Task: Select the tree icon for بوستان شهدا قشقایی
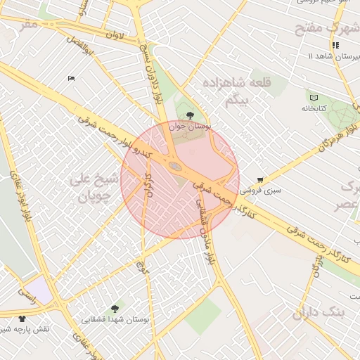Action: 115,308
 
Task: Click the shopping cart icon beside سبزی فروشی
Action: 260,180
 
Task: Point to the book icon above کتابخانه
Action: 313,97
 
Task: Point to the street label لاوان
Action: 114,33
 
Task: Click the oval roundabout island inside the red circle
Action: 175,167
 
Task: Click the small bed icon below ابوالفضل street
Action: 71,78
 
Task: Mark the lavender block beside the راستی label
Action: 41,290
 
